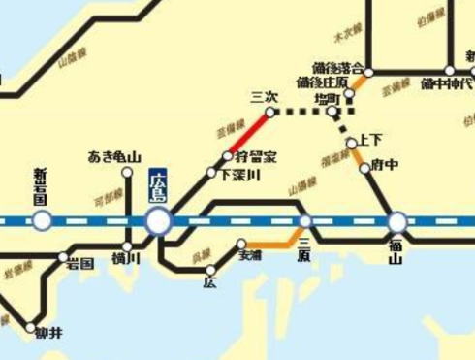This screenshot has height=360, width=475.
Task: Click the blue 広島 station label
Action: pyautogui.click(x=158, y=185)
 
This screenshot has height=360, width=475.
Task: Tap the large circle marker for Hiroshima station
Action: pyautogui.click(x=159, y=222)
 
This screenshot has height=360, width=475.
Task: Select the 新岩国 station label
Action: pyautogui.click(x=41, y=185)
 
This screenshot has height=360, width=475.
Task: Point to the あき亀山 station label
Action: pyautogui.click(x=114, y=157)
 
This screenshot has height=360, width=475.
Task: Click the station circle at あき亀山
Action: pyautogui.click(x=127, y=173)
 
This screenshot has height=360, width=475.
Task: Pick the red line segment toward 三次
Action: pyautogui.click(x=249, y=133)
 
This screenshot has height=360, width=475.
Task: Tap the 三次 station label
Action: pyautogui.click(x=264, y=96)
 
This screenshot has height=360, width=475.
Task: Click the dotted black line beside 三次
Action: pyautogui.click(x=300, y=112)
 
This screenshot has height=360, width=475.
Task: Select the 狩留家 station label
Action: pyautogui.click(x=255, y=156)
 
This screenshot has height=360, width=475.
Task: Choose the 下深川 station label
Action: pyautogui.click(x=237, y=175)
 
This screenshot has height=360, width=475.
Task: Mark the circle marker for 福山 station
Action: pyautogui.click(x=396, y=222)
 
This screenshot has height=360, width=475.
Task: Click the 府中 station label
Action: pyautogui.click(x=384, y=166)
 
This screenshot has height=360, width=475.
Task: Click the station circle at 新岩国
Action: pyautogui.click(x=42, y=221)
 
